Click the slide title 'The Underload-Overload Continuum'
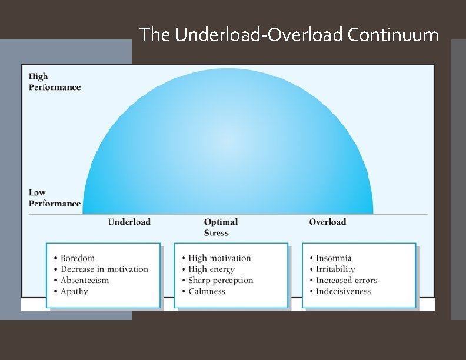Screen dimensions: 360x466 pos(289,35)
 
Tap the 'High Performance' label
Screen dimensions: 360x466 pos(55,82)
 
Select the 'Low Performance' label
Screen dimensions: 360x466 pos(55,198)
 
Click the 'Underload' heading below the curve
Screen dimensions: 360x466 pos(129,222)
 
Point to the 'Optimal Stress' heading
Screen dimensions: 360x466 pos(221,227)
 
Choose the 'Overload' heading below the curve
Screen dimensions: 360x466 pos(328,222)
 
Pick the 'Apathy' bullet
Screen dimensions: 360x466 pos(74,291)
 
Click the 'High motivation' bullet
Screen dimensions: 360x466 pos(219,258)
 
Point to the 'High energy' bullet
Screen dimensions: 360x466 pos(211,269)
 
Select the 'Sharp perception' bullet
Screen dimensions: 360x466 pos(221,280)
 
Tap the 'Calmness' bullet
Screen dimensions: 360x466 pos(207,291)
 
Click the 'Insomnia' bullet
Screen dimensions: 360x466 pos(334,258)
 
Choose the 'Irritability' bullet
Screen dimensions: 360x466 pos(335,269)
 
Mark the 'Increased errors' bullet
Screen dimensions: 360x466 pos(347,280)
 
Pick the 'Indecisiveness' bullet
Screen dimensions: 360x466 pos(343,291)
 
